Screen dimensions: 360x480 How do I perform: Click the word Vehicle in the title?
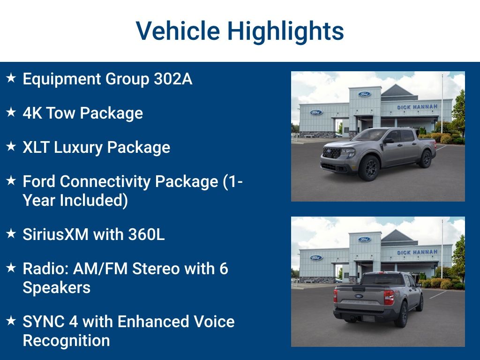(x=178, y=31)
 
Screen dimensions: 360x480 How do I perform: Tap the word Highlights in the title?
(x=285, y=31)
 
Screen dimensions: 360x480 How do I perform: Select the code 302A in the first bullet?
(x=173, y=79)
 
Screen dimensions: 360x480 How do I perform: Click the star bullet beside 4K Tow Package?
(x=11, y=112)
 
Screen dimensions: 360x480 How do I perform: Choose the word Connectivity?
(x=115, y=181)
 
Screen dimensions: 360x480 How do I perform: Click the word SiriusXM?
(x=55, y=234)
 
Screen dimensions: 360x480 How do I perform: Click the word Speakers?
(x=57, y=287)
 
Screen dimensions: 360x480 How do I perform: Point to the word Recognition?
(x=66, y=340)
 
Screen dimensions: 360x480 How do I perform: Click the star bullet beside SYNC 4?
(x=11, y=321)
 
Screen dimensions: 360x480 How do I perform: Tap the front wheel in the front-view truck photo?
(x=368, y=168)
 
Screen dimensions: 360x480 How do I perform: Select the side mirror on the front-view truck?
(x=389, y=141)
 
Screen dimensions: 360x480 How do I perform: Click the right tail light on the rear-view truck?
(x=389, y=297)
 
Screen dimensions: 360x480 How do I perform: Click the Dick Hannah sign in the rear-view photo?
(x=417, y=252)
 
